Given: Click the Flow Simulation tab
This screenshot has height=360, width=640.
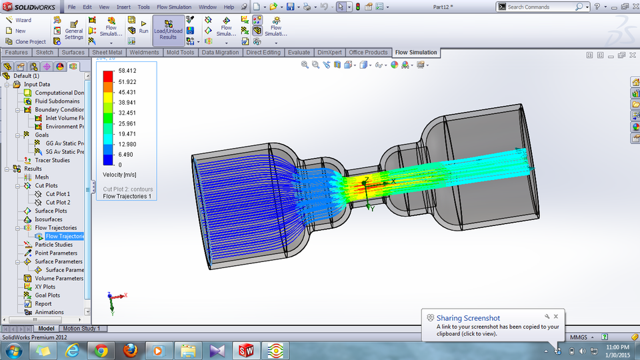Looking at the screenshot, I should click(x=415, y=52).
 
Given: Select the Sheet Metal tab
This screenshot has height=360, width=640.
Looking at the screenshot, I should click(x=107, y=52).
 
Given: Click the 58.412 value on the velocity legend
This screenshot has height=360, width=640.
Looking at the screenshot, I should click(x=127, y=70).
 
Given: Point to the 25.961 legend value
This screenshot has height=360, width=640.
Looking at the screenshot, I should click(x=127, y=123).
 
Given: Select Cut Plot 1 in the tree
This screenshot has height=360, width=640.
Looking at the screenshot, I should click(x=57, y=194).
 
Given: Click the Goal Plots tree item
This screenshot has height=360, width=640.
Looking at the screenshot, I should click(x=47, y=295).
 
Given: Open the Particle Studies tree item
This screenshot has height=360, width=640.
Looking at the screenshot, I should click(x=53, y=245).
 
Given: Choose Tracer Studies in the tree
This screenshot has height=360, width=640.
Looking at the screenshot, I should click(x=52, y=160).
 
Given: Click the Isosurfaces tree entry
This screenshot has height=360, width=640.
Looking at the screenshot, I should click(x=49, y=219).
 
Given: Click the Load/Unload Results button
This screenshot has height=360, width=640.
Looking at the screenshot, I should click(x=168, y=30).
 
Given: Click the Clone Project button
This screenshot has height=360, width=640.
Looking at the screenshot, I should click(x=29, y=41).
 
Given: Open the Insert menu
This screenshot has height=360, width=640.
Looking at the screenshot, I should click(x=123, y=7).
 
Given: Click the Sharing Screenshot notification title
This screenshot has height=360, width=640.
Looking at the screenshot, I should click(x=468, y=318).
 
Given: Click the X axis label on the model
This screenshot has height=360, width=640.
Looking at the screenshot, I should click(x=393, y=181).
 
